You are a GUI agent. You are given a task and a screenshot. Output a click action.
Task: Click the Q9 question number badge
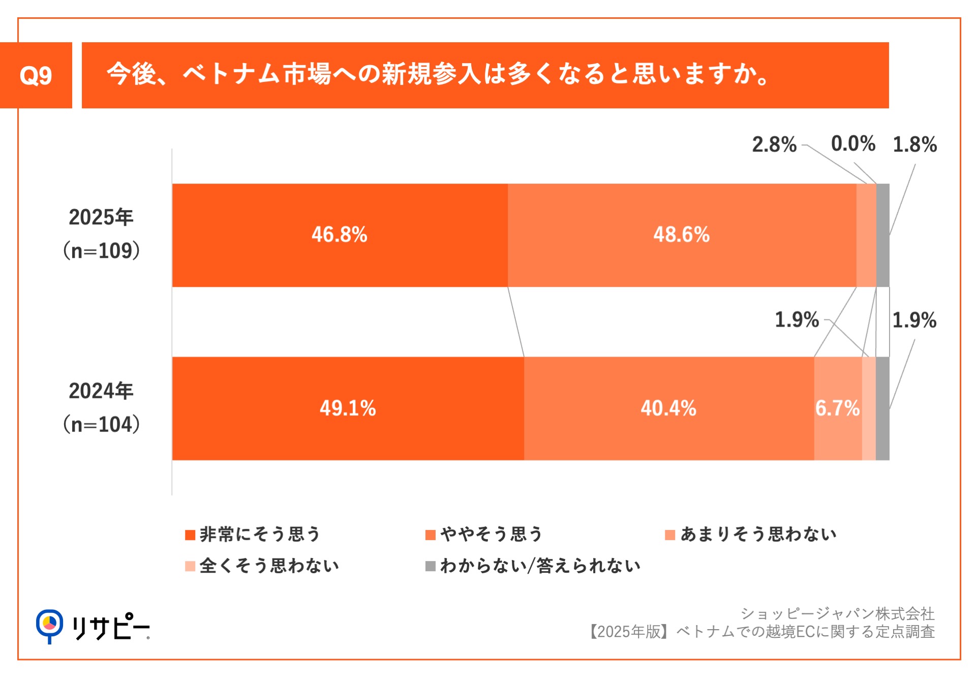pyautogui.click(x=36, y=75)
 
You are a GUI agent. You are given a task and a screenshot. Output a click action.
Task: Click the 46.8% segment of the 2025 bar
pyautogui.click(x=340, y=235)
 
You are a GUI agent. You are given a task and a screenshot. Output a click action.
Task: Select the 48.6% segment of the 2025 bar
pyautogui.click(x=681, y=235)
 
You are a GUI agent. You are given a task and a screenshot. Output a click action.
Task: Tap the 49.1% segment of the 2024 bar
pyautogui.click(x=348, y=408)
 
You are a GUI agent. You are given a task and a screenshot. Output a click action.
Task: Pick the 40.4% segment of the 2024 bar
pyautogui.click(x=668, y=408)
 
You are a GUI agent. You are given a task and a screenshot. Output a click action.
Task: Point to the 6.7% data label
pyautogui.click(x=837, y=408)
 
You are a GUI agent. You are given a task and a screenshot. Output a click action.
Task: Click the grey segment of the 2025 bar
pyautogui.click(x=883, y=235)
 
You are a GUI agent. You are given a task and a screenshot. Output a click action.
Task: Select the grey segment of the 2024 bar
pyautogui.click(x=883, y=408)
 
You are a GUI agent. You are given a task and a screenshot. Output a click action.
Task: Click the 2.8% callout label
pyautogui.click(x=774, y=144)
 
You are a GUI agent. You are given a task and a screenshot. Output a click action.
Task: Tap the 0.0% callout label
pyautogui.click(x=853, y=144)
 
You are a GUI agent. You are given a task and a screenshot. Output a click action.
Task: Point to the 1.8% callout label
pyautogui.click(x=914, y=144)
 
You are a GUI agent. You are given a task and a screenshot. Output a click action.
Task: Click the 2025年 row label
pyautogui.click(x=101, y=217)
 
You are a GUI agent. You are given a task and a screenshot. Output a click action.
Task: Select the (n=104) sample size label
pyautogui.click(x=101, y=424)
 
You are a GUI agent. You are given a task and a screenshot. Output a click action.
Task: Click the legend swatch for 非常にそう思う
pyautogui.click(x=190, y=535)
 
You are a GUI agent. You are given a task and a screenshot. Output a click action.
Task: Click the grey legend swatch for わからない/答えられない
pyautogui.click(x=431, y=566)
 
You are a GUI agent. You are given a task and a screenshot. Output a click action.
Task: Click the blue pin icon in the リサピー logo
pyautogui.click(x=49, y=625)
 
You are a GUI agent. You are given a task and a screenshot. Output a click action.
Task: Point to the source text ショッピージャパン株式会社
pyautogui.click(x=837, y=614)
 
